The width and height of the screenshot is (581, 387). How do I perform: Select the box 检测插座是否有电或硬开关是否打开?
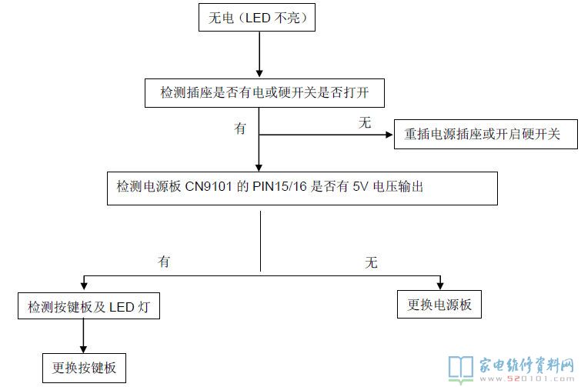point(260,93)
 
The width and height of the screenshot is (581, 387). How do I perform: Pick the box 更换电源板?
point(439,305)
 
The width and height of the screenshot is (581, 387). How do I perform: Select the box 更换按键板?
point(84,367)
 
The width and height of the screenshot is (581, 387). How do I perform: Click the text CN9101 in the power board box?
point(209,188)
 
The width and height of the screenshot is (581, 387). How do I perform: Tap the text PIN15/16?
point(282,188)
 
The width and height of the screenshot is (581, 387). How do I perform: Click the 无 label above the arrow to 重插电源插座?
point(365,123)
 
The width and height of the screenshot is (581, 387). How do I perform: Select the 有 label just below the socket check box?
point(240,129)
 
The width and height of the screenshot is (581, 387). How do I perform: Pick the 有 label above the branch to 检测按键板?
point(164,262)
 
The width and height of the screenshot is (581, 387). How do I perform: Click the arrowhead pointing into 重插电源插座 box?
point(389,135)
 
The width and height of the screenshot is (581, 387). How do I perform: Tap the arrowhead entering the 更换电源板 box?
point(439,285)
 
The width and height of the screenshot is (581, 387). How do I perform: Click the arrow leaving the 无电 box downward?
point(259,54)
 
